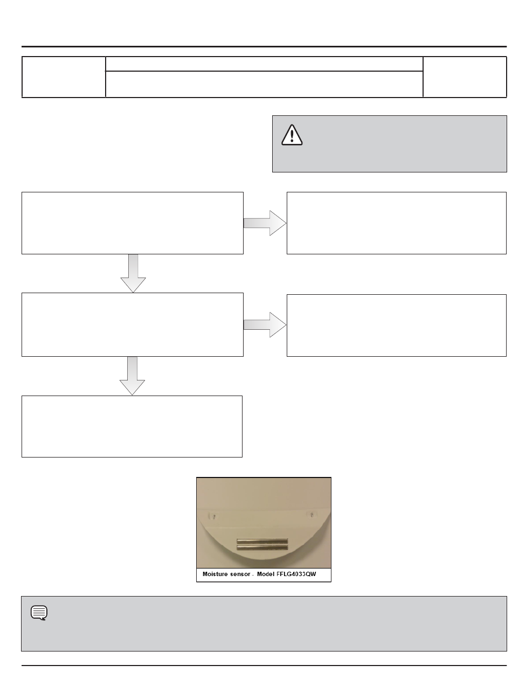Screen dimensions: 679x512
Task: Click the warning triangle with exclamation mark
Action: [x=292, y=134]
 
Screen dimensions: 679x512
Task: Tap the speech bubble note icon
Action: [x=39, y=613]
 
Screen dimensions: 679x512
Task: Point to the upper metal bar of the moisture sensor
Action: [x=262, y=541]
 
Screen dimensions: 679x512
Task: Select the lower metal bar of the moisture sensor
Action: [x=262, y=548]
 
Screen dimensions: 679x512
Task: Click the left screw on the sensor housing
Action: [x=215, y=516]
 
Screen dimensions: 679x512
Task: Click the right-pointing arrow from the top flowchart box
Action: [x=265, y=223]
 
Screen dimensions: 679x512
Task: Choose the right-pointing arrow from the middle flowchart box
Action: [x=265, y=324]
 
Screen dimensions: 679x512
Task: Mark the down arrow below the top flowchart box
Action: [x=133, y=273]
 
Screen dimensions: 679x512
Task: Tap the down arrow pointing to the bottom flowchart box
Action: [x=133, y=376]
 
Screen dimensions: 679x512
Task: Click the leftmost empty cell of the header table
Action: [x=64, y=77]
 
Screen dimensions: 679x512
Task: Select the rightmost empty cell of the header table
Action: [x=465, y=77]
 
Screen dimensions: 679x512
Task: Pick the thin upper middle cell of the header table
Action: [x=264, y=64]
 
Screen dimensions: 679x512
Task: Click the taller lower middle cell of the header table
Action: [x=264, y=84]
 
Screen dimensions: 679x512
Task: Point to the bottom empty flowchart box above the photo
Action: [x=132, y=426]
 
